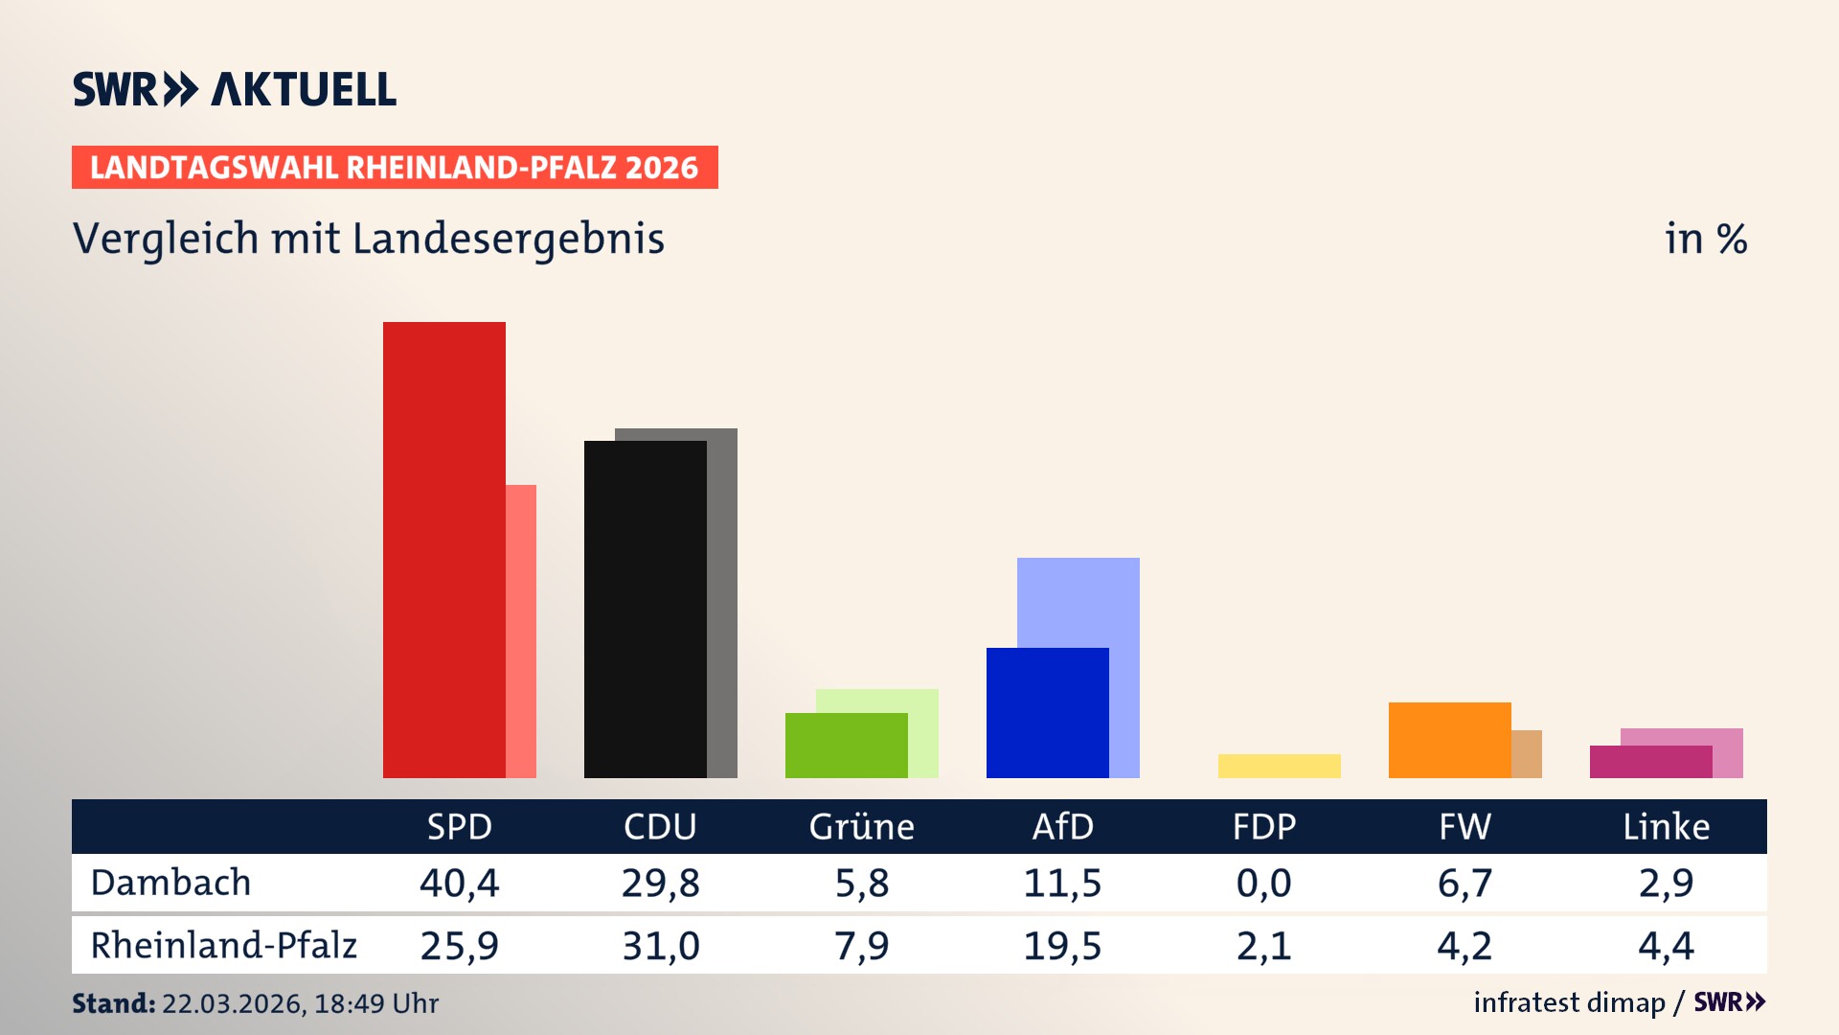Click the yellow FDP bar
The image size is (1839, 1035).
pyautogui.click(x=1279, y=766)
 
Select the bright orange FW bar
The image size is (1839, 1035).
pyautogui.click(x=1449, y=740)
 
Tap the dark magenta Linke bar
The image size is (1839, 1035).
pyautogui.click(x=1650, y=762)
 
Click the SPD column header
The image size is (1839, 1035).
pyautogui.click(x=459, y=826)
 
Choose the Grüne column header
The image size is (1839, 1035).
pyautogui.click(x=861, y=826)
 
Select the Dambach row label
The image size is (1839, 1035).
pyautogui.click(x=170, y=883)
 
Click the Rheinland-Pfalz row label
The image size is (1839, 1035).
pyautogui.click(x=223, y=945)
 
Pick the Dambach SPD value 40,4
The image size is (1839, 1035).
pyautogui.click(x=459, y=883)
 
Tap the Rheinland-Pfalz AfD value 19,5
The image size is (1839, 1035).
pyautogui.click(x=1062, y=946)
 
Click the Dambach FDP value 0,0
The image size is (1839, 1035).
pyautogui.click(x=1263, y=883)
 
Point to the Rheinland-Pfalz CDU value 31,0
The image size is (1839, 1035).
pyautogui.click(x=660, y=946)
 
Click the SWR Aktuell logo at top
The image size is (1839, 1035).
pyautogui.click(x=235, y=89)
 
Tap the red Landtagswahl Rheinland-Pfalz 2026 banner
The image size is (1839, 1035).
pyautogui.click(x=395, y=168)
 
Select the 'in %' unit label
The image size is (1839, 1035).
pyautogui.click(x=1705, y=239)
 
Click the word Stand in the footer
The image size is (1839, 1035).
pyautogui.click(x=113, y=1003)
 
